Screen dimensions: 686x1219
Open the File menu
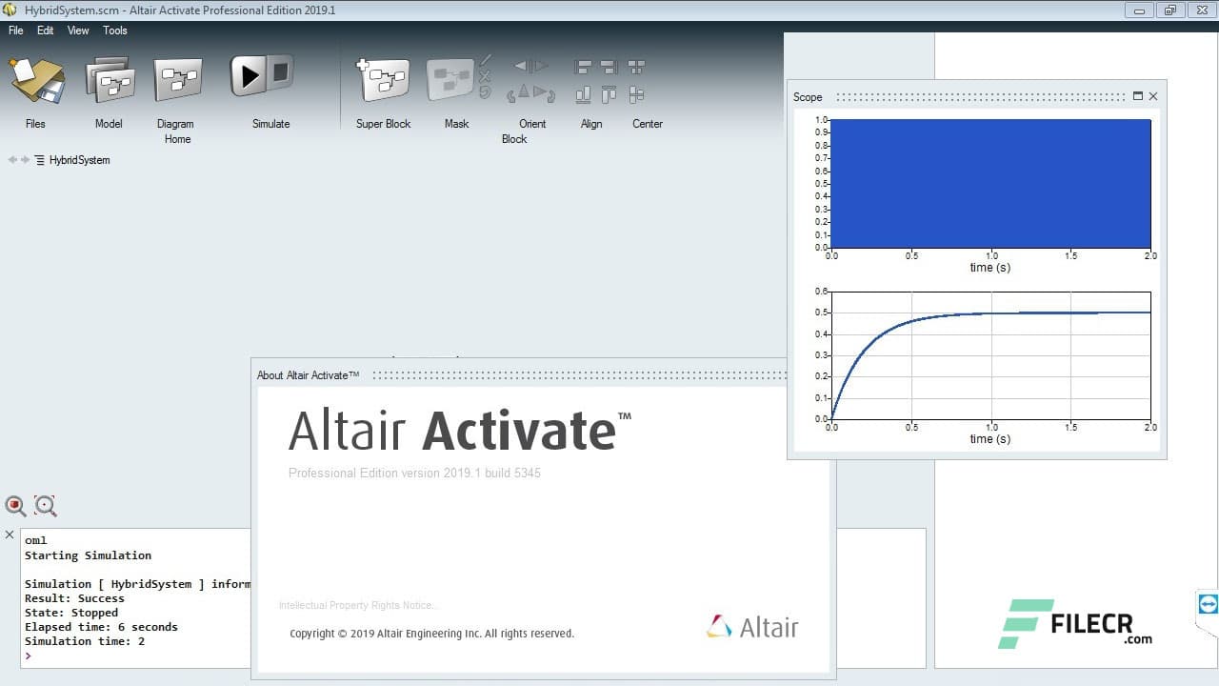pyautogui.click(x=16, y=30)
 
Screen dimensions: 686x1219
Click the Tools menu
pyautogui.click(x=115, y=30)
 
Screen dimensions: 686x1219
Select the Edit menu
pyautogui.click(x=46, y=30)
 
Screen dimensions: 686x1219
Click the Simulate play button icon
pyautogui.click(x=250, y=76)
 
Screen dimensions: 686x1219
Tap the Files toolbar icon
pyautogui.click(x=36, y=80)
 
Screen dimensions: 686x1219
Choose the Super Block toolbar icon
pyautogui.click(x=383, y=80)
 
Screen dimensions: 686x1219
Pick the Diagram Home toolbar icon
pyautogui.click(x=177, y=80)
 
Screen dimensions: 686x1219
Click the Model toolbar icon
pyautogui.click(x=110, y=80)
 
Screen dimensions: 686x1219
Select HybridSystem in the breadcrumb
pyautogui.click(x=79, y=160)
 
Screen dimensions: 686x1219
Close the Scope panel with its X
pyautogui.click(x=1153, y=96)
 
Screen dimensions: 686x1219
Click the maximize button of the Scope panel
pyautogui.click(x=1137, y=96)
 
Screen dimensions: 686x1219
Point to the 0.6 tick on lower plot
pyautogui.click(x=821, y=292)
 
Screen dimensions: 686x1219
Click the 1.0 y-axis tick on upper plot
pyautogui.click(x=821, y=120)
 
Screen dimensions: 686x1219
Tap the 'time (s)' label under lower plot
pyautogui.click(x=989, y=439)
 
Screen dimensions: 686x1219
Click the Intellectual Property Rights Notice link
pyautogui.click(x=358, y=605)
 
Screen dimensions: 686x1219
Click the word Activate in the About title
pyautogui.click(x=519, y=431)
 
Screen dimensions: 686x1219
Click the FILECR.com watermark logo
pyautogui.click(x=1076, y=624)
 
